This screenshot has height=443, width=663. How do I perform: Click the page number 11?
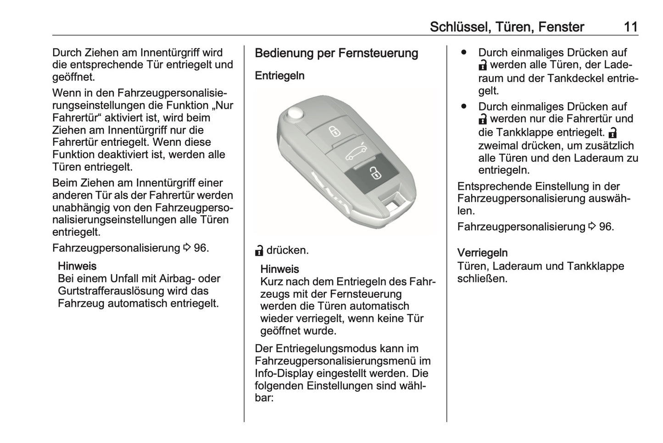coord(630,27)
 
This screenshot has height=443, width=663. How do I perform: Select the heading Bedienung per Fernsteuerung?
coord(336,53)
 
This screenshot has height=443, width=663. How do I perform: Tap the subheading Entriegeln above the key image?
coord(279,76)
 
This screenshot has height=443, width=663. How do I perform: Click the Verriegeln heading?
coord(482,253)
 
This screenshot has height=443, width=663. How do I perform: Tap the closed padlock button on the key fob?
coord(334,132)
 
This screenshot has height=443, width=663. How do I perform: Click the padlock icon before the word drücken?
coord(259,250)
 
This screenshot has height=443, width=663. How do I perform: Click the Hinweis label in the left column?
coord(77,266)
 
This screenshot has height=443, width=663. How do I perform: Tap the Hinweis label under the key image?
coord(279,269)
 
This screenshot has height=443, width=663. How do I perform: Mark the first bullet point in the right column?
coord(464,53)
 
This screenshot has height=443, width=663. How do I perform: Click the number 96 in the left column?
coord(201,248)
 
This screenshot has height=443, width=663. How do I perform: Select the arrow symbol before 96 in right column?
coord(592,227)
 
